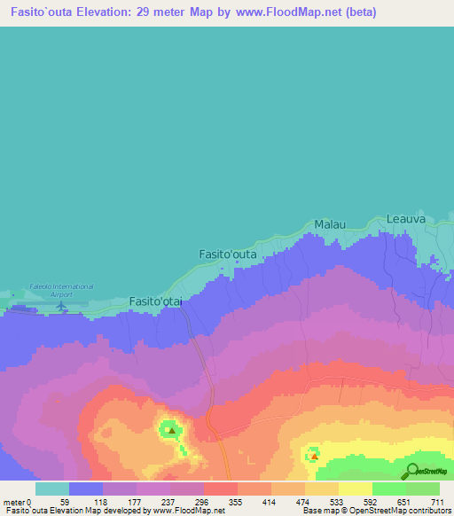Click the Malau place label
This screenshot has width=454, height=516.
pyautogui.click(x=330, y=225)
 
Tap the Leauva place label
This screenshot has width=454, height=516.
pyautogui.click(x=406, y=218)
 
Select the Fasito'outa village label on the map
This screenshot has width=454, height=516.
pyautogui.click(x=228, y=254)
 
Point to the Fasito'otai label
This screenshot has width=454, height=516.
pyautogui.click(x=156, y=301)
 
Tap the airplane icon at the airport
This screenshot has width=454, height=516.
pyautogui.click(x=61, y=307)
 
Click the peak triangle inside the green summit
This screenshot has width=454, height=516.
pyautogui.click(x=171, y=432)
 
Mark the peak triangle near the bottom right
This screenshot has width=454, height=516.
pyautogui.click(x=314, y=457)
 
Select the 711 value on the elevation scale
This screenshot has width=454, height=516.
pyautogui.click(x=437, y=501)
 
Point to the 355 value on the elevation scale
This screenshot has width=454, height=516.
pyautogui.click(x=235, y=501)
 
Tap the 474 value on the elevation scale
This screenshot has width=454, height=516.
pyautogui.click(x=302, y=501)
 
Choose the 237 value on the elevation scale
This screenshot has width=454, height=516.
pyautogui.click(x=167, y=501)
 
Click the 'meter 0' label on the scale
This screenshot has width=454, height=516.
pyautogui.click(x=17, y=501)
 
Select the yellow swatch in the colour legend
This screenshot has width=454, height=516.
pyautogui.click(x=355, y=489)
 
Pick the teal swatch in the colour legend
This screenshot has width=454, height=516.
pyautogui.click(x=52, y=489)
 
